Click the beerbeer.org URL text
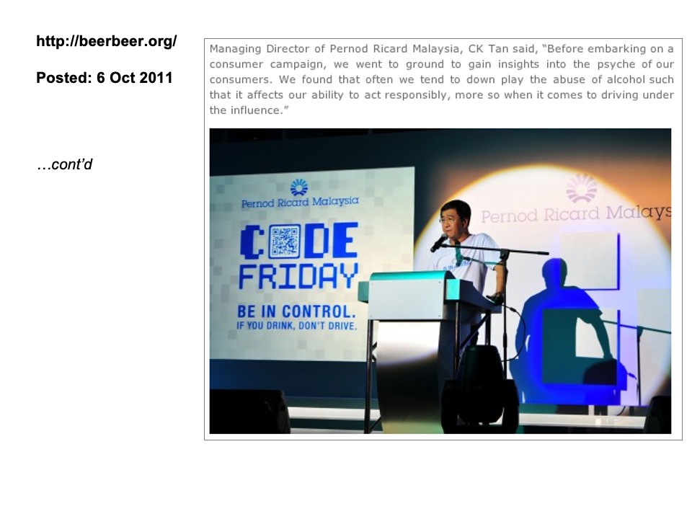point(107,41)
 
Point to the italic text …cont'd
point(65,164)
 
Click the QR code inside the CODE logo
point(284,241)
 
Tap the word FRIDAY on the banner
point(298,277)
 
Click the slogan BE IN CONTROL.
point(296,311)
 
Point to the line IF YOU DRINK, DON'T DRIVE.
point(296,326)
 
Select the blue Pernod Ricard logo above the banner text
point(299,187)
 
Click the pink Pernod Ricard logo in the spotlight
point(582,189)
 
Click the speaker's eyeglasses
point(448,220)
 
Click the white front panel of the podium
point(406,298)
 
